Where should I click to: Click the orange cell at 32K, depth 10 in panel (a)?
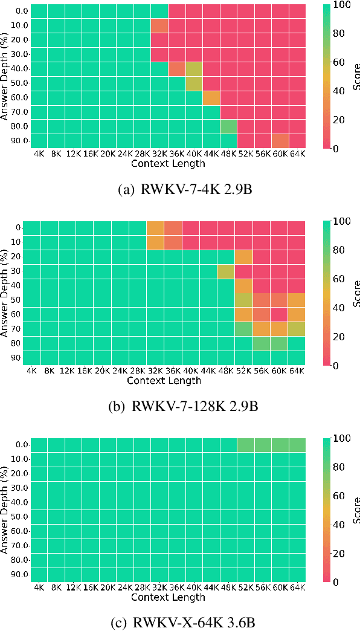point(159,26)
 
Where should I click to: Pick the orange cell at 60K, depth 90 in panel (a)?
point(280,142)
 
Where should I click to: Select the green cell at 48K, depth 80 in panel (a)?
point(228,128)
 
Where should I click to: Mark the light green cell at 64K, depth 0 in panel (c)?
point(297,445)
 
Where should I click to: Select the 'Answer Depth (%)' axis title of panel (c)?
point(5,510)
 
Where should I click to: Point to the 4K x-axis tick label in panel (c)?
point(39,587)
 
